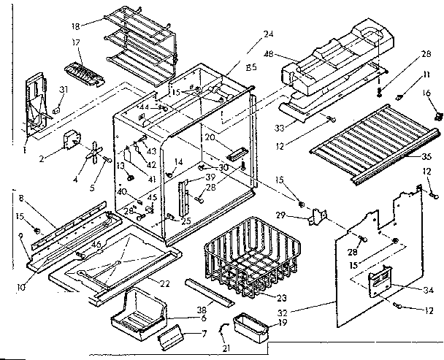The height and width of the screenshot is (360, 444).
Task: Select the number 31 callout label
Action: [x=64, y=91]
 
